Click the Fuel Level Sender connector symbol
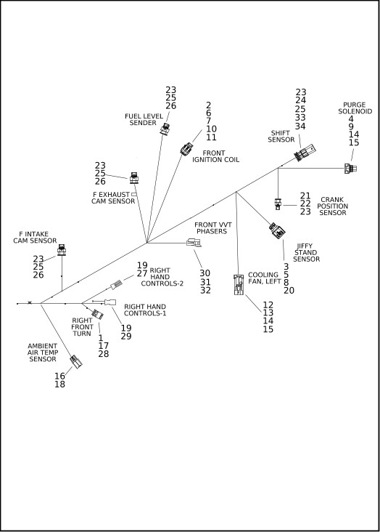165,129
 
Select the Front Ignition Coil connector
186,148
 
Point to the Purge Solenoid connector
350,169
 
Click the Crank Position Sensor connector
278,203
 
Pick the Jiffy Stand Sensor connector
277,230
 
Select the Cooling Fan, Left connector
239,284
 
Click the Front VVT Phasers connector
194,243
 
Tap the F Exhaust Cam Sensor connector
134,178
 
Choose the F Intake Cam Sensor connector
62,250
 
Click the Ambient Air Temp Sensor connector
76,362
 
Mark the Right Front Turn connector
98,314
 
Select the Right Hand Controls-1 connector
110,302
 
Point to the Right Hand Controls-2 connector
117,284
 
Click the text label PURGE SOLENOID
355,108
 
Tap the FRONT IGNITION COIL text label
215,156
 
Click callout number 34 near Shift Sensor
300,126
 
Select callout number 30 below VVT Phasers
205,273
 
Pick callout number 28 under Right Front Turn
104,353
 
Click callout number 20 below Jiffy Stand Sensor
289,291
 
